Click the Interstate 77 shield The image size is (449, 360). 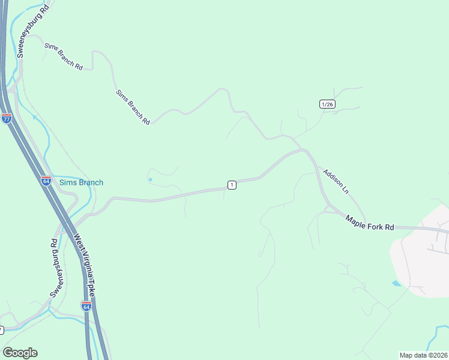pos(7,118)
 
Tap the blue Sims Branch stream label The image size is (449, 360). pos(81,182)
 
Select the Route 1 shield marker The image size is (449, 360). pos(232,185)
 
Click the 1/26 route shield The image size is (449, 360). pos(327,104)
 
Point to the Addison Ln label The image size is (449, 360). pos(336,181)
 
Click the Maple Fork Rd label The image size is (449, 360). pos(370,224)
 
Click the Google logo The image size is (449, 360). pos(20,353)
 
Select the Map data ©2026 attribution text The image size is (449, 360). pos(423,355)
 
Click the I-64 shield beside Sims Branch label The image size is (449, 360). pos(46,180)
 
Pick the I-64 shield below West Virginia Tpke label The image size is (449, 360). pos(86,307)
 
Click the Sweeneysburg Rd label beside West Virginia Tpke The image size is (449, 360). pos(54,268)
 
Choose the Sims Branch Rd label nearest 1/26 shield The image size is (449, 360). pos(133,107)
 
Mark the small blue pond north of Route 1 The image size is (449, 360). pos(149,179)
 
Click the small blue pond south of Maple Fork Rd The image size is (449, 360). pos(396,283)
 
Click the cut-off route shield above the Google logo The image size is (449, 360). pos(1,330)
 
